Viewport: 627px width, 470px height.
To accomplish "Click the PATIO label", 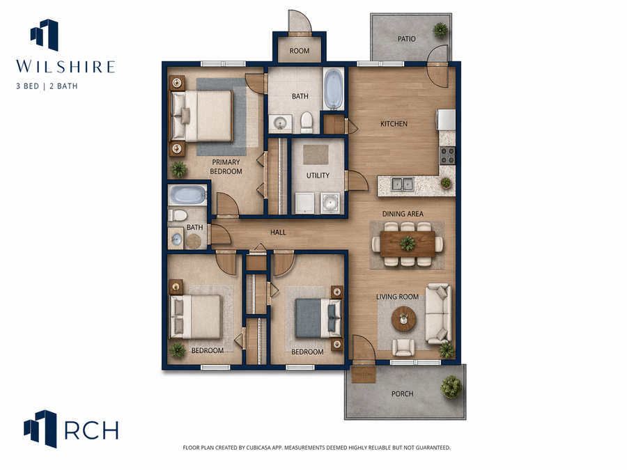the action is point(406,39).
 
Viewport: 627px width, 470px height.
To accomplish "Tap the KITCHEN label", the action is point(394,124).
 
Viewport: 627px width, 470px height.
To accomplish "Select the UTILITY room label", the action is point(318,175).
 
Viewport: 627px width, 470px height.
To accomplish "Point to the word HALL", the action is point(278,232).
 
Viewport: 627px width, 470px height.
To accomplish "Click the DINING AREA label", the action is point(403,214).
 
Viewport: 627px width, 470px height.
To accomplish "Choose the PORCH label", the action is point(402,393).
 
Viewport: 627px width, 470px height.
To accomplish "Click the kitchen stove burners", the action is point(447,155).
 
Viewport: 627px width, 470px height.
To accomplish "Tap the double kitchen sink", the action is point(402,185).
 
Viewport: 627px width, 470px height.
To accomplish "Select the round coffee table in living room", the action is point(404,318).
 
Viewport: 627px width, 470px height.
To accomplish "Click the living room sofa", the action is point(438,314).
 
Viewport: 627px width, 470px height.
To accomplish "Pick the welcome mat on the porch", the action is point(364,375).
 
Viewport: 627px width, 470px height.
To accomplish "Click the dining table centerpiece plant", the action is point(408,243).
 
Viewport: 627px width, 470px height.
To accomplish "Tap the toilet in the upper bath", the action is point(307,123).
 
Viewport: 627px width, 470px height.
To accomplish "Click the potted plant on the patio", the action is point(440,30).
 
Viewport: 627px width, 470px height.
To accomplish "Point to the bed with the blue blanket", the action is point(318,318).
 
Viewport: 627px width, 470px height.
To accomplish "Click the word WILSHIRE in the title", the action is point(65,66).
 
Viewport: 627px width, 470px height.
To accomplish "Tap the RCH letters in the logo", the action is point(91,430).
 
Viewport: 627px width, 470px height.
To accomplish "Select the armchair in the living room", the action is point(403,347).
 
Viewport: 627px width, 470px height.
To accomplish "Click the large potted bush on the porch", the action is point(451,386).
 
